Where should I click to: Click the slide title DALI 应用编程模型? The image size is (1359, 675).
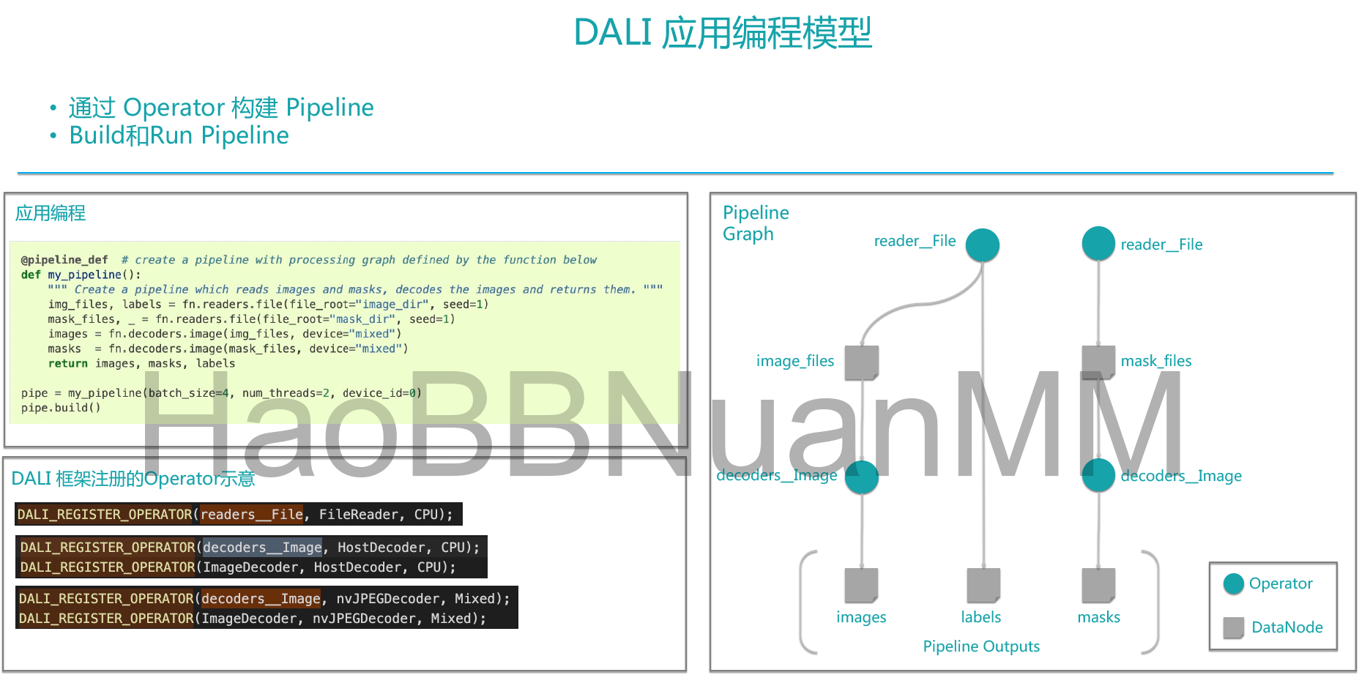722,34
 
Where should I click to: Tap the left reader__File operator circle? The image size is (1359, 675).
982,245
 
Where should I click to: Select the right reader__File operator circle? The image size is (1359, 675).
1098,243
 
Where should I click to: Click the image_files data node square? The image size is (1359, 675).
861,362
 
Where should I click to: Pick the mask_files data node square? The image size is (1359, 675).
1098,362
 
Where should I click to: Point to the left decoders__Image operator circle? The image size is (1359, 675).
862,476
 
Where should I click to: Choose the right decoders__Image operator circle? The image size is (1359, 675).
1098,475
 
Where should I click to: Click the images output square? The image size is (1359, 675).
861,584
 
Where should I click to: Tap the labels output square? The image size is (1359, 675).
983,584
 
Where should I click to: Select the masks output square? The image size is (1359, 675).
1098,584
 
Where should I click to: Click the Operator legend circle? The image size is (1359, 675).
1234,583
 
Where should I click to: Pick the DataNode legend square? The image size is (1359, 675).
1234,627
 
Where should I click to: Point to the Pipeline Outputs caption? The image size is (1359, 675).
981,646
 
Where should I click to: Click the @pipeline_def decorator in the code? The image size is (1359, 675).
64,260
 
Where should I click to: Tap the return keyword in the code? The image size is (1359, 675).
68,364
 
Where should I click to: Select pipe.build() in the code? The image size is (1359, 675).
61,408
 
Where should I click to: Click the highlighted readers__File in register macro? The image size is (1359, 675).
252,515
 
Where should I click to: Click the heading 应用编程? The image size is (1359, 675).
51,214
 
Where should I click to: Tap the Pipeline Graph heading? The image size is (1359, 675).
756,223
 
